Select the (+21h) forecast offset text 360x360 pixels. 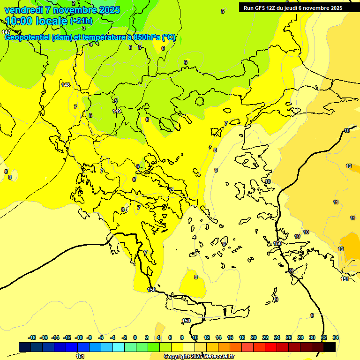(81, 21)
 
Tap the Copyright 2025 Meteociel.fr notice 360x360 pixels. (199, 356)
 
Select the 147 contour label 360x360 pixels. (6, 31)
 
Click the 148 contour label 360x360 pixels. (66, 85)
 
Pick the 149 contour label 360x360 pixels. (117, 111)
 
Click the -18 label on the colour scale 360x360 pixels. (32, 337)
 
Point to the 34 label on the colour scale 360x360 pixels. (335, 337)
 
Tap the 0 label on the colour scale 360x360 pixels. (135, 337)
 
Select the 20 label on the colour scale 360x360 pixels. (254, 337)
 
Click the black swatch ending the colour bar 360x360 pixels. (330, 347)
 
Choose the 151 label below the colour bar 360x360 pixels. (80, 356)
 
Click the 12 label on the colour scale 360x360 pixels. (207, 337)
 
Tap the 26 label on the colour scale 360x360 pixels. (289, 337)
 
